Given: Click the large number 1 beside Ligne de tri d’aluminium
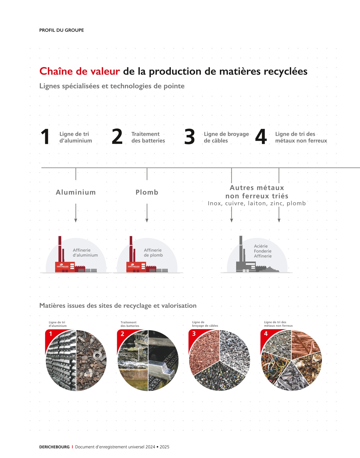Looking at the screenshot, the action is pyautogui.click(x=45, y=137).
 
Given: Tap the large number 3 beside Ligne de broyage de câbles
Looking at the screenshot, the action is pyautogui.click(x=190, y=137).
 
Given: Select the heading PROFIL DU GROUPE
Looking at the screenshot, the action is pyautogui.click(x=62, y=30).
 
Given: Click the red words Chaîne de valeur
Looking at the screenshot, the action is pyautogui.click(x=80, y=71).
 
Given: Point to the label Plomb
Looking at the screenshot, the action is pyautogui.click(x=147, y=192).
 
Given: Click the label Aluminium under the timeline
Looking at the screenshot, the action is pyautogui.click(x=76, y=192).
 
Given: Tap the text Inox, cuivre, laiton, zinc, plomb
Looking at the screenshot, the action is pyautogui.click(x=257, y=203).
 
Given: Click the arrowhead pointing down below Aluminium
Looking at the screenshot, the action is pyautogui.click(x=76, y=221).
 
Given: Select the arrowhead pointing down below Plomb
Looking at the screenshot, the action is pyautogui.click(x=147, y=221).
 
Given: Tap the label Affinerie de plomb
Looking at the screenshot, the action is pyautogui.click(x=154, y=252).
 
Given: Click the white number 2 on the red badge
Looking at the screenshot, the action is pyautogui.click(x=122, y=334).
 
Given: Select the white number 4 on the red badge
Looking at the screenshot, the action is pyautogui.click(x=266, y=334).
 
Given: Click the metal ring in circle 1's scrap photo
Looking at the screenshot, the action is pyautogui.click(x=97, y=355).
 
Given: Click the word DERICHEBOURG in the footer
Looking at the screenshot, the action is pyautogui.click(x=54, y=447).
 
